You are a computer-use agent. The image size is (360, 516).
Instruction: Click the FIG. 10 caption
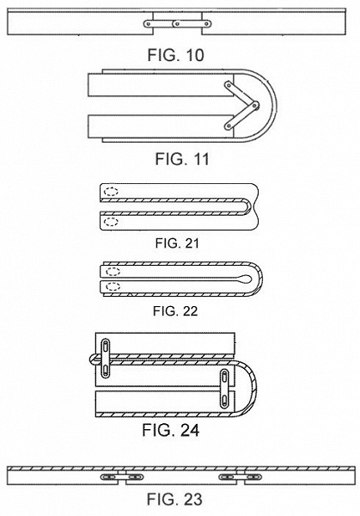tap(175, 55)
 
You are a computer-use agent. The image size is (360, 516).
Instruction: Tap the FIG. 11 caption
tap(182, 159)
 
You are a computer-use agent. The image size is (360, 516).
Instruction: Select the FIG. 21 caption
tap(177, 243)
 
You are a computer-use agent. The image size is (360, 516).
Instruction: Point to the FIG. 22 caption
tap(175, 311)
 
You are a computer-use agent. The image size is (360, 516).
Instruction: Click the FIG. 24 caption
tap(171, 430)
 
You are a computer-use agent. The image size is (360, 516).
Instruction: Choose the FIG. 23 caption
tap(174, 499)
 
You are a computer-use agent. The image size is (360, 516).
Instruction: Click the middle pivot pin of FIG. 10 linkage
tap(177, 24)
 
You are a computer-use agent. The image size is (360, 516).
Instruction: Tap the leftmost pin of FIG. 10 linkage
tap(149, 24)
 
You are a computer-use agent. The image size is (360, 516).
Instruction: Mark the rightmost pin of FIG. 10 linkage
tap(206, 24)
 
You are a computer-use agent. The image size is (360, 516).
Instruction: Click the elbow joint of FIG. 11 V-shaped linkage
tap(255, 106)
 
